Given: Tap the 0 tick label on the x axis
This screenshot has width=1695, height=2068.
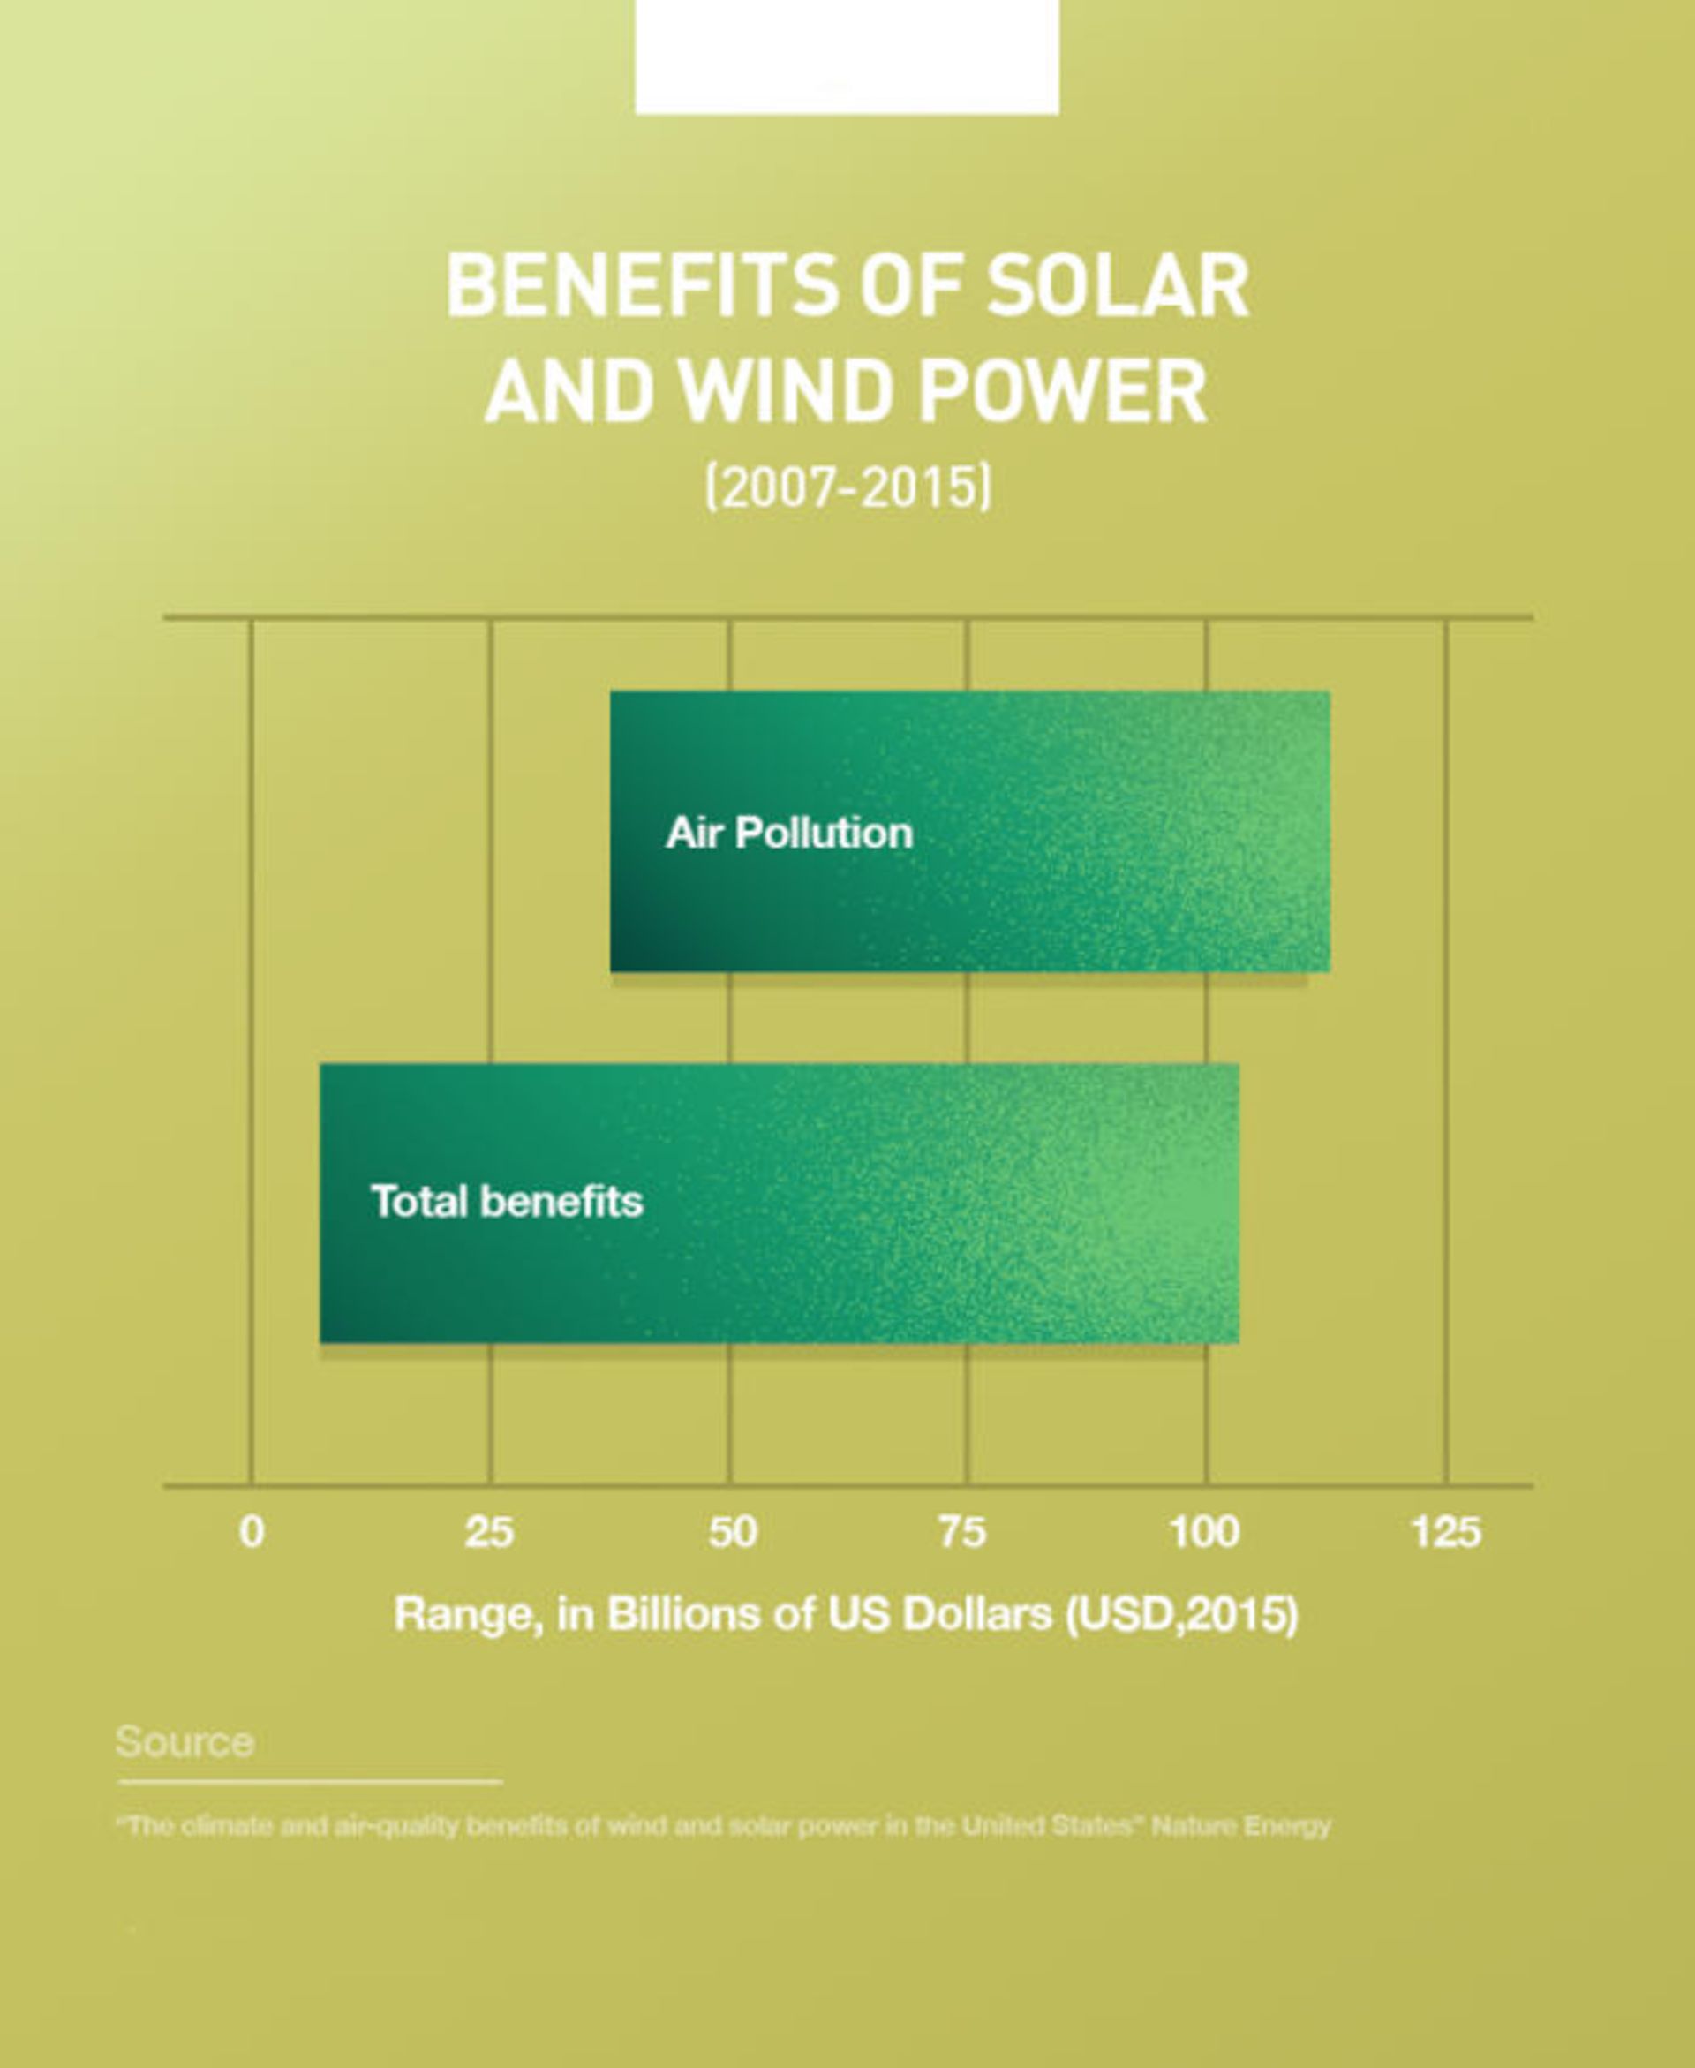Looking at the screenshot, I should pyautogui.click(x=252, y=1532).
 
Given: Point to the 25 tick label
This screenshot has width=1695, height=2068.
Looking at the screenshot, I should pyautogui.click(x=489, y=1532).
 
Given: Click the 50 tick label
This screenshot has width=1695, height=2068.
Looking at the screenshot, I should pyautogui.click(x=732, y=1532).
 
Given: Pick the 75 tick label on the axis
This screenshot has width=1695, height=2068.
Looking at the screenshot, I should pyautogui.click(x=963, y=1532).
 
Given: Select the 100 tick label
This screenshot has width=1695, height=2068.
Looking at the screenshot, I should pyautogui.click(x=1205, y=1532).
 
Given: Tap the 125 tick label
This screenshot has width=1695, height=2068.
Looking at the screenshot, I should pyautogui.click(x=1446, y=1532).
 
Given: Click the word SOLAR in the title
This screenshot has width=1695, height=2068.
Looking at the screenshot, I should pyautogui.click(x=1117, y=286).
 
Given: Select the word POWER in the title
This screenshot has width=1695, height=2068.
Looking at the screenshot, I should pyautogui.click(x=1062, y=393).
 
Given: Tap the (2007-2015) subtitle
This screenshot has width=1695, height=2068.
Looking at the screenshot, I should pyautogui.click(x=847, y=487).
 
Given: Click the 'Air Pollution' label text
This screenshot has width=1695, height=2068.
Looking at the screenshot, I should pyautogui.click(x=789, y=833).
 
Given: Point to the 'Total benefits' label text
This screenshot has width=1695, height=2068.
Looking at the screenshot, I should pyautogui.click(x=507, y=1201).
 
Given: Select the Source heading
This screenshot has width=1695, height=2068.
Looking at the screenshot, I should pyautogui.click(x=185, y=1742).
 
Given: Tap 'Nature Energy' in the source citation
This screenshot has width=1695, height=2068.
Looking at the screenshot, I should pyautogui.click(x=1241, y=1826).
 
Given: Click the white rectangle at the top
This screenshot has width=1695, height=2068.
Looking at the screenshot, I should pyautogui.click(x=847, y=57).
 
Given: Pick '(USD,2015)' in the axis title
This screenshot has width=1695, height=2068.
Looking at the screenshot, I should pyautogui.click(x=1182, y=1614).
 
